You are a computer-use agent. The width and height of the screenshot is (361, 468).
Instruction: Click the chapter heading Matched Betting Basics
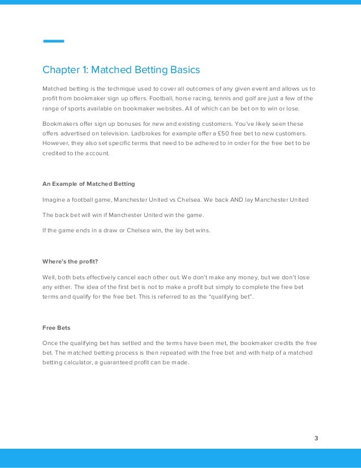pyautogui.click(x=121, y=70)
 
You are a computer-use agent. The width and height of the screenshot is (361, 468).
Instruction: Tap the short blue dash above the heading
pyautogui.click(x=54, y=41)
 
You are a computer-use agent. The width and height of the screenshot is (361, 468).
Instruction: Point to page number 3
pyautogui.click(x=316, y=438)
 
